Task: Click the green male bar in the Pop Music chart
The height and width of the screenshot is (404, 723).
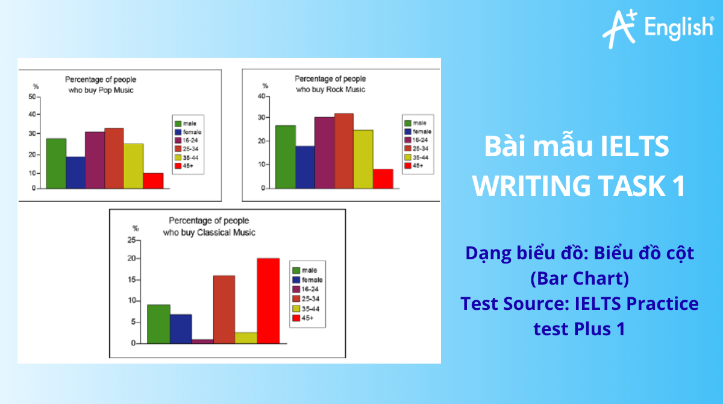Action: (56, 163)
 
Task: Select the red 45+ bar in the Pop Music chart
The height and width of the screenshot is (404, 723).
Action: (153, 181)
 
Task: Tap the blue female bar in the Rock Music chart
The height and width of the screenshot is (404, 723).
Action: (305, 167)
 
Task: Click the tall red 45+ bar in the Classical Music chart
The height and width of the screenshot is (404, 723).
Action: (268, 301)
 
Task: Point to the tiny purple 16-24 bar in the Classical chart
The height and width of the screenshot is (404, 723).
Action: (202, 341)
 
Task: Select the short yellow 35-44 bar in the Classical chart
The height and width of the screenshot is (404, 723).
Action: (246, 338)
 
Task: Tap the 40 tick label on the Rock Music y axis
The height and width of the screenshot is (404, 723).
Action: (261, 96)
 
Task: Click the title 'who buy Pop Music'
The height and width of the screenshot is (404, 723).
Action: (101, 90)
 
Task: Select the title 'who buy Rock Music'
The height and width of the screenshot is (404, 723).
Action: (330, 89)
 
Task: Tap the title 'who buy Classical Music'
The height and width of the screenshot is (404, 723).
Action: (209, 232)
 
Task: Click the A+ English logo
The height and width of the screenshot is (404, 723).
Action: (657, 28)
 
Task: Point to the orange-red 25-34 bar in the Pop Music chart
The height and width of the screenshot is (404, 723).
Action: (114, 158)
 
